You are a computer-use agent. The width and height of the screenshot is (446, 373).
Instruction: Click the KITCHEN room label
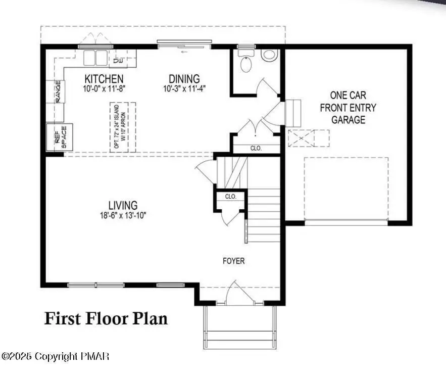104,79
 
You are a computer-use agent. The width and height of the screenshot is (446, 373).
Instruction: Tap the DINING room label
184,79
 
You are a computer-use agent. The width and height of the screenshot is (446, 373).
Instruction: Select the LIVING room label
123,205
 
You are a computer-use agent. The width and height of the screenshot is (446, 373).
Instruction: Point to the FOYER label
234,261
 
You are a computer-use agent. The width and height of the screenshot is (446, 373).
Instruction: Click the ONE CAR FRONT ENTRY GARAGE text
349,107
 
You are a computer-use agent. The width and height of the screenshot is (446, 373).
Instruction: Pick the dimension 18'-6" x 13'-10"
123,215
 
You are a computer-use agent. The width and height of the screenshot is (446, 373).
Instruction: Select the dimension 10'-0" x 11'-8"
104,88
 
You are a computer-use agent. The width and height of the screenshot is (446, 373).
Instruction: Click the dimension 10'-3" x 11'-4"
184,88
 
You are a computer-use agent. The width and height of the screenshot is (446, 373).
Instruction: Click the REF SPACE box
60,137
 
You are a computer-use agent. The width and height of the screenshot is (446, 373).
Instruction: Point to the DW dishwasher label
118,61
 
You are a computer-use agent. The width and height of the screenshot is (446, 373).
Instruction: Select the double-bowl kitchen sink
95,58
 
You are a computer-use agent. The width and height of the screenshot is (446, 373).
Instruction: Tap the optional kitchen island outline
123,127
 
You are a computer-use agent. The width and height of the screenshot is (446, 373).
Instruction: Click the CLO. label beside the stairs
231,196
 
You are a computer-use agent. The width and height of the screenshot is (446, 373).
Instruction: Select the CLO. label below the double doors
256,149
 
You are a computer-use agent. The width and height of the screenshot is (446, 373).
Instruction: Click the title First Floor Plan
106,318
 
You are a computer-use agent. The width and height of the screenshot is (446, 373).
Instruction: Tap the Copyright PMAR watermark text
56,357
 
